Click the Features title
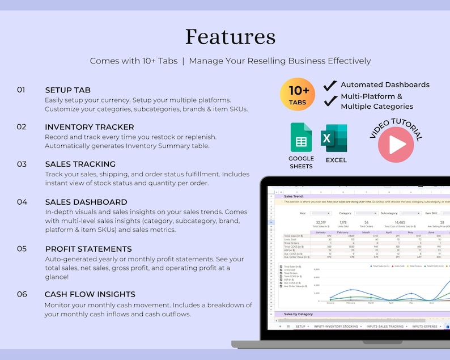pyautogui.click(x=230, y=37)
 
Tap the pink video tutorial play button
pyautogui.click(x=396, y=145)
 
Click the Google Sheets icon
pyautogui.click(x=300, y=137)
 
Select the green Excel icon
pyautogui.click(x=334, y=138)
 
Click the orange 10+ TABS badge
pyautogui.click(x=297, y=94)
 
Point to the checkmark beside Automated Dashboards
pyautogui.click(x=330, y=85)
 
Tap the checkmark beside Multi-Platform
pyautogui.click(x=330, y=101)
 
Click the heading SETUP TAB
pyautogui.click(x=67, y=90)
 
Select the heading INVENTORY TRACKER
pyautogui.click(x=90, y=127)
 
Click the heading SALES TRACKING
pyautogui.click(x=80, y=164)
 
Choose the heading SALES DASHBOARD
pyautogui.click(x=86, y=202)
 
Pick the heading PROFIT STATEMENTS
pyautogui.click(x=88, y=249)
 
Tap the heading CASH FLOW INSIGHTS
pyautogui.click(x=90, y=294)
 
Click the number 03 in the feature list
pyautogui.click(x=22, y=164)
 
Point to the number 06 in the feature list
pyautogui.click(x=22, y=294)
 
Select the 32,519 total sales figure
pyautogui.click(x=321, y=223)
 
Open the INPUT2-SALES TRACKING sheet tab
pyautogui.click(x=385, y=327)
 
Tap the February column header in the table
pyautogui.click(x=343, y=232)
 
